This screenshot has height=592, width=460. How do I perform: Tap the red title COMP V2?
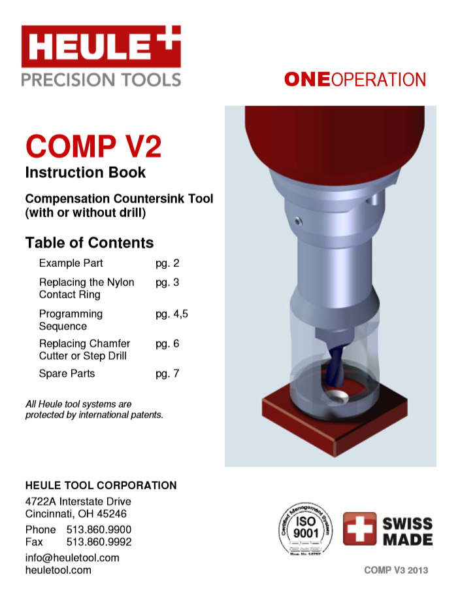tap(93, 146)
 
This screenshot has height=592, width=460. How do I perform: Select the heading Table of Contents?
tap(90, 243)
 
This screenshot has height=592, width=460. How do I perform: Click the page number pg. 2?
tap(167, 264)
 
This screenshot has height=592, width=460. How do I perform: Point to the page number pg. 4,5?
tap(172, 314)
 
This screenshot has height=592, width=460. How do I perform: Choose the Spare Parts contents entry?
tap(67, 374)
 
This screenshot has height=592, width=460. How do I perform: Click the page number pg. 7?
tap(167, 374)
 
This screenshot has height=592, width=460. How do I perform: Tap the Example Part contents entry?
tap(71, 264)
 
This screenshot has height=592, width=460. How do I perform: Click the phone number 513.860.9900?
tap(99, 529)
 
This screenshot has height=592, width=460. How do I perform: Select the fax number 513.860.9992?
tap(99, 542)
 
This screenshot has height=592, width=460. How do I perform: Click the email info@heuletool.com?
tap(72, 557)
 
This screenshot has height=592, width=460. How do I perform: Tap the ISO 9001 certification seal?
tap(306, 531)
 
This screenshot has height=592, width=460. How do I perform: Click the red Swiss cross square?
tap(359, 529)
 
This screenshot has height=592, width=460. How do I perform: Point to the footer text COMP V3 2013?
tap(396, 570)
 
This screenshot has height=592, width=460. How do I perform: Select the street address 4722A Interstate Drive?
tap(78, 502)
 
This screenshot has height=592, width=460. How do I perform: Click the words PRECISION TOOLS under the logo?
tap(101, 80)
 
